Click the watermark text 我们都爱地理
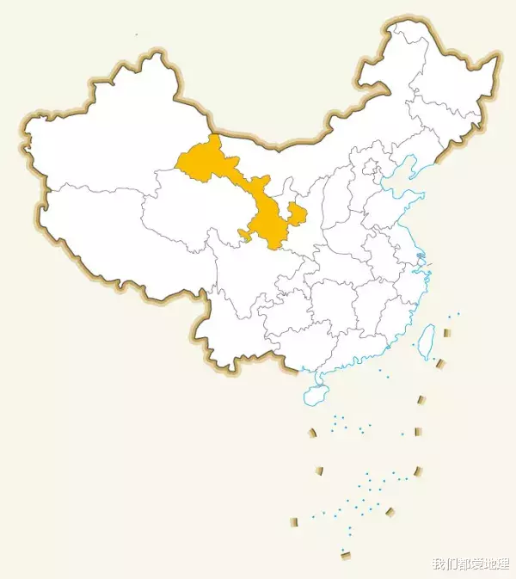470,564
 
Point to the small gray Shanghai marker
420,257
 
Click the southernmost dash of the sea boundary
346,555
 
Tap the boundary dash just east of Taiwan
446,333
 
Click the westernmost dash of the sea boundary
294,520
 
